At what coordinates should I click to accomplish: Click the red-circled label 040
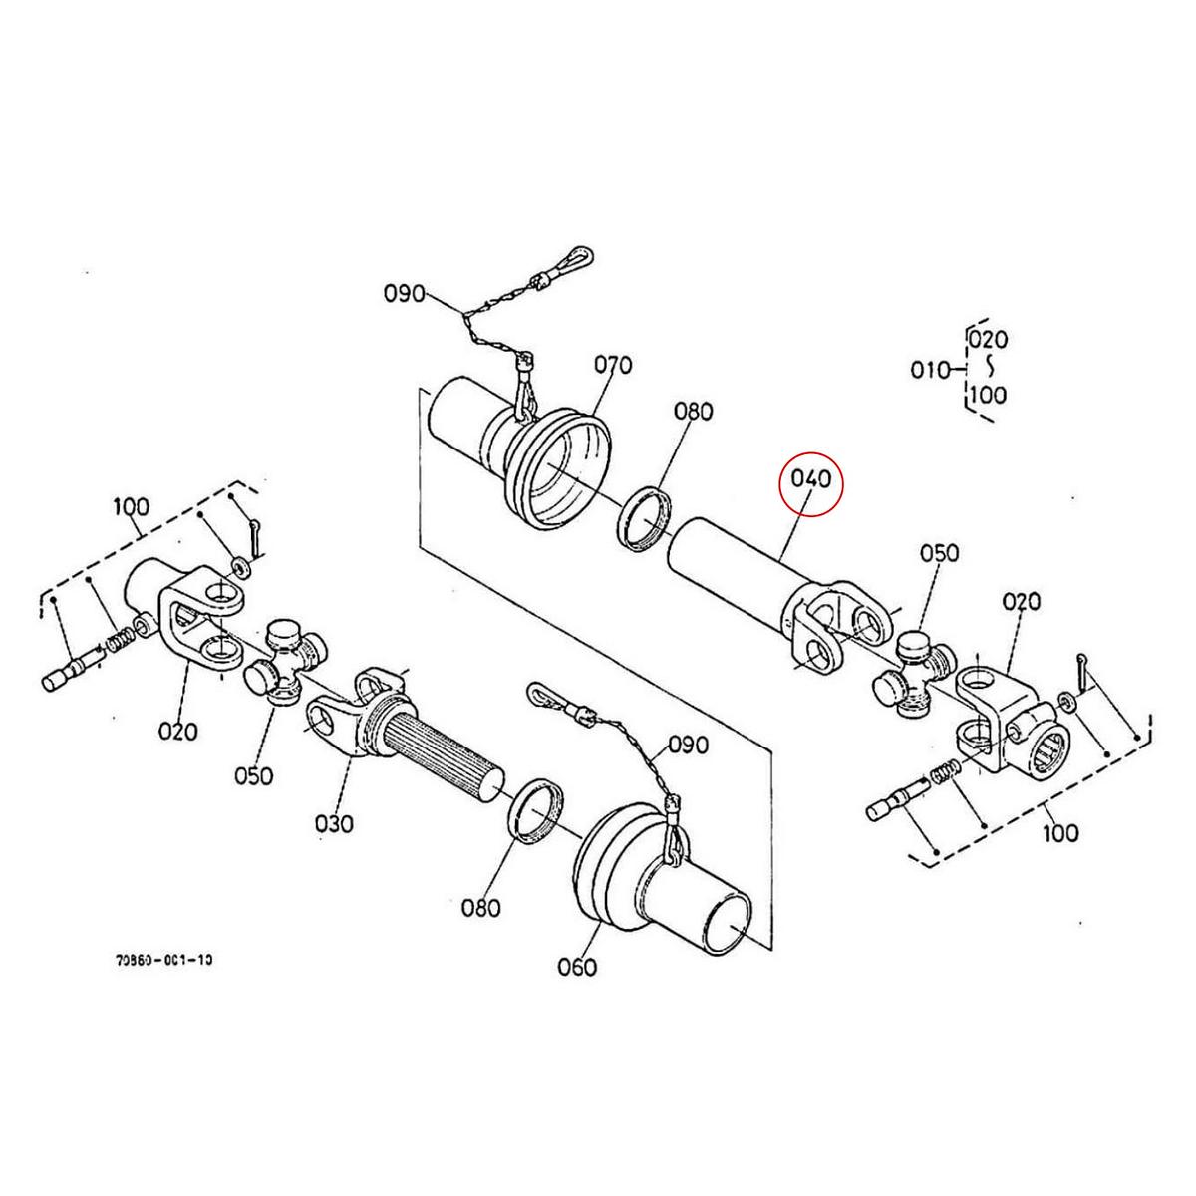tap(809, 480)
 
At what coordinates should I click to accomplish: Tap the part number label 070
tap(613, 365)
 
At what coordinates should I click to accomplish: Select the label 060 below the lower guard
tap(577, 966)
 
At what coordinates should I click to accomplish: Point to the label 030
tap(334, 823)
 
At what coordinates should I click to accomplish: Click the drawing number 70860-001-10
tap(163, 960)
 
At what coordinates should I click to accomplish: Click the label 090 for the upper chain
tap(405, 294)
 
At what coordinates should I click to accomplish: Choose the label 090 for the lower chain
tap(688, 745)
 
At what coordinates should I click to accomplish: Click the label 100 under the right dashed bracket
tap(1059, 831)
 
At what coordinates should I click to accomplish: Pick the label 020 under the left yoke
tap(178, 731)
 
